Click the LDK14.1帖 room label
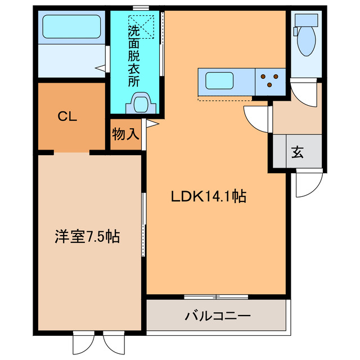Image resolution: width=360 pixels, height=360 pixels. click(x=209, y=197)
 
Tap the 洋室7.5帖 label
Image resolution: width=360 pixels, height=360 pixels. click(x=87, y=236)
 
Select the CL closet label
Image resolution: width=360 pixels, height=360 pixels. click(x=67, y=117)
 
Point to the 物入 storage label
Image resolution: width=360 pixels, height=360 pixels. click(x=125, y=134)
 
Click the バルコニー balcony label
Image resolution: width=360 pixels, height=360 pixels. click(x=218, y=316)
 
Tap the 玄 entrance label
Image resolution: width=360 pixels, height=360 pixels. click(x=297, y=152)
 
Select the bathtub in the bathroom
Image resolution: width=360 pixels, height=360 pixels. click(x=71, y=26)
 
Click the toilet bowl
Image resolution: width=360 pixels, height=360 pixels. click(x=306, y=43)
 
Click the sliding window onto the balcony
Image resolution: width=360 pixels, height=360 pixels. click(x=216, y=296)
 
